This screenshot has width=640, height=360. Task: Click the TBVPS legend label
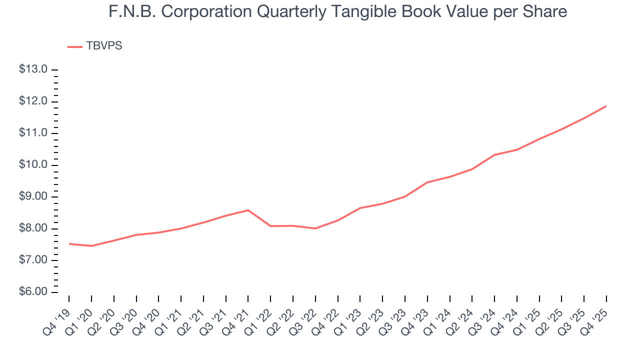click(104, 46)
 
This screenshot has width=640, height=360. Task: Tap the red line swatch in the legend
click(75, 46)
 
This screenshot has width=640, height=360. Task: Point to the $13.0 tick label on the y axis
click(33, 69)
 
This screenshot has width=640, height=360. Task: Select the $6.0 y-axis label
click(33, 292)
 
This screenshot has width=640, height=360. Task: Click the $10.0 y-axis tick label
click(33, 165)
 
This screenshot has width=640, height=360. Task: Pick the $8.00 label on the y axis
click(33, 228)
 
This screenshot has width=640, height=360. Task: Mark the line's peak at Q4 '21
click(248, 210)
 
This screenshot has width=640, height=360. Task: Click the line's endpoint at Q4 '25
click(606, 106)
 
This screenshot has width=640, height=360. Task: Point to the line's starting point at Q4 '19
click(69, 243)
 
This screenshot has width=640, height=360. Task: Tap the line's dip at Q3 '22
click(315, 228)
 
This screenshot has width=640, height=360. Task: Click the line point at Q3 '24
click(494, 154)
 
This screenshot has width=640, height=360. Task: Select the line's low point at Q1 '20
click(91, 246)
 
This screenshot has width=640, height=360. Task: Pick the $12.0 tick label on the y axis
click(33, 101)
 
